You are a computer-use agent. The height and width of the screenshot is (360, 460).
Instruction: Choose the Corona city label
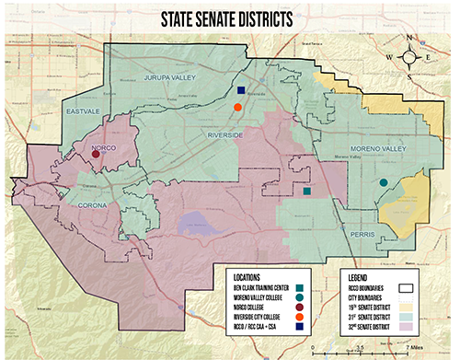[x=92, y=204]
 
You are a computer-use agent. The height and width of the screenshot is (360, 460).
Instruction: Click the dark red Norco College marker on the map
[x=96, y=154]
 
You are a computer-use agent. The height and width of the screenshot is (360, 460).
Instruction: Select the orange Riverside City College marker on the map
[x=237, y=108]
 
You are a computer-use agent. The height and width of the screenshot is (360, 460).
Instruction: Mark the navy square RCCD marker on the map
[x=241, y=90]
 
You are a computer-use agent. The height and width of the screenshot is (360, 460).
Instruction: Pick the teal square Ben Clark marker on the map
[x=306, y=192]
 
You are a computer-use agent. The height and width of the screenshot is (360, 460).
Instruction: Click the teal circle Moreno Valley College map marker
[x=383, y=183]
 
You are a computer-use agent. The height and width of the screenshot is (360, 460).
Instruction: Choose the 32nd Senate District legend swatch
[x=439, y=326]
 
